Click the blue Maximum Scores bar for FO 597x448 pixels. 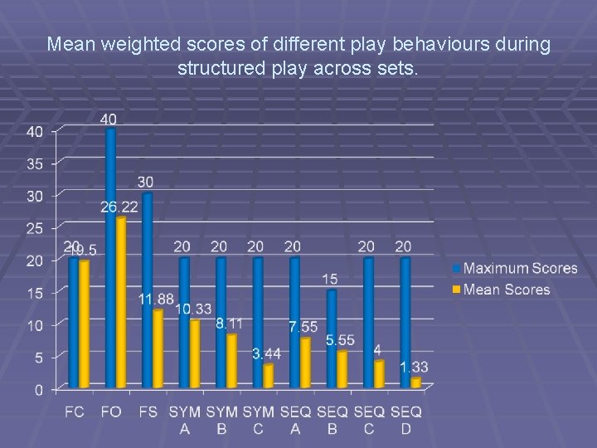coord(111,257)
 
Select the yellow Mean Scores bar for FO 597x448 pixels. coord(121,303)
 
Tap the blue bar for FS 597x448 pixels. coord(148,290)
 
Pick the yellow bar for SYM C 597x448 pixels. coord(267,376)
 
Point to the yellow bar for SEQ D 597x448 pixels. coord(415,382)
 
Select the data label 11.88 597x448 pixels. coord(156,299)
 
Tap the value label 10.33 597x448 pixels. coord(192,309)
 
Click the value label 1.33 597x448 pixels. coord(414,367)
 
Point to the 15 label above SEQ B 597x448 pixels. coord(330,279)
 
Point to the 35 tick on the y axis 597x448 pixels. coord(35,163)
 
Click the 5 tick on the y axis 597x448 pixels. coord(38,357)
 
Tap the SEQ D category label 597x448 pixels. coord(405,420)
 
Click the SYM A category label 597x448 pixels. coord(185,420)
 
